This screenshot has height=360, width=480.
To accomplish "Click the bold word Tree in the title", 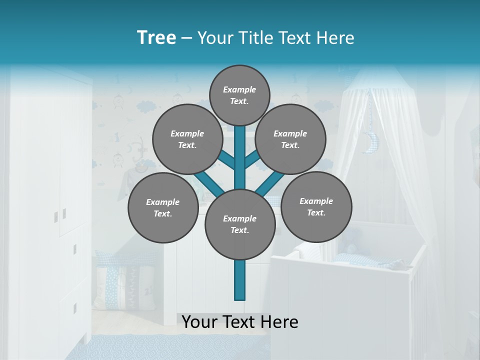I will (156, 38).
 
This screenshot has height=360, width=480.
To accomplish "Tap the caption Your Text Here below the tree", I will (240, 322).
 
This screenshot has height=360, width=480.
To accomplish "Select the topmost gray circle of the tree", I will (239, 95).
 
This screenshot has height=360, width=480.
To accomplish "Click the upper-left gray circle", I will (187, 139).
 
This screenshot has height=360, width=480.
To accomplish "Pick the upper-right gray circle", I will (290, 139).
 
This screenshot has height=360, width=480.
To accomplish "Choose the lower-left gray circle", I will (162, 207).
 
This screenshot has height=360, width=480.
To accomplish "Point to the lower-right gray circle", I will (316, 206).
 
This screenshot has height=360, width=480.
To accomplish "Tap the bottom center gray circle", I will (240, 224).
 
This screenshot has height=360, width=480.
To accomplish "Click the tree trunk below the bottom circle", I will (240, 280).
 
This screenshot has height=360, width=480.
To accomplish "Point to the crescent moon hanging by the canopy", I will (370, 142).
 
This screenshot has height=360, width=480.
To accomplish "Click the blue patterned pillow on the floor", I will (116, 280).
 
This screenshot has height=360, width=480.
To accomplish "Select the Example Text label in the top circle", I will (239, 95).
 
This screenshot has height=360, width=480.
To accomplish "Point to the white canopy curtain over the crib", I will (400, 165).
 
